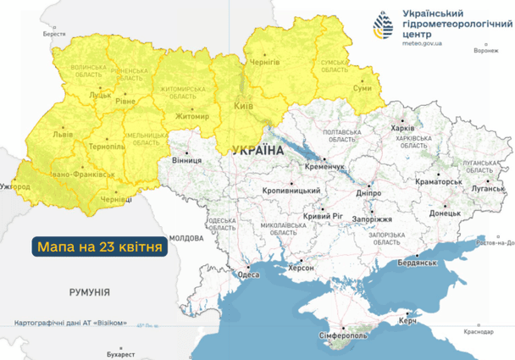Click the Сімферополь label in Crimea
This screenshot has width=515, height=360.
coord(342,336)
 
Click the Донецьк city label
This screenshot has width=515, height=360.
coord(444,213)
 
